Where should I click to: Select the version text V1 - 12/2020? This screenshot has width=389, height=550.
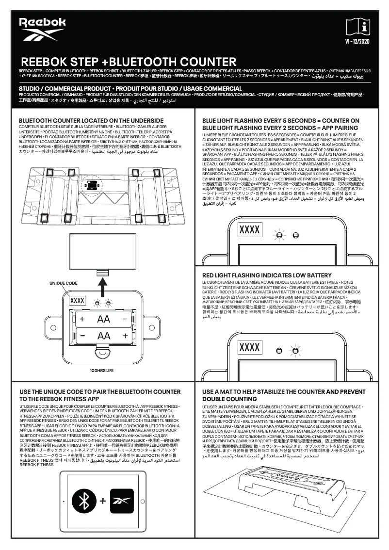tap(357, 42)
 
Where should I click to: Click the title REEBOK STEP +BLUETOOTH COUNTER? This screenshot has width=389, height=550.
tap(129, 62)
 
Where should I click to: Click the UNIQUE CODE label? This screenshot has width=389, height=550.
tap(63, 283)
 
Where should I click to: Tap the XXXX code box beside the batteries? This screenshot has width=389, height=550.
tap(78, 301)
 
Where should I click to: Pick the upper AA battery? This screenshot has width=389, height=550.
tap(104, 319)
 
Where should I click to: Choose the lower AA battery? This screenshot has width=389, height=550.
tap(104, 336)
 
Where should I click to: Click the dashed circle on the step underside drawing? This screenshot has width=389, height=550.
tap(91, 185)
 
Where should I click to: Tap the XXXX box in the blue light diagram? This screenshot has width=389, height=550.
tap(249, 229)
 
